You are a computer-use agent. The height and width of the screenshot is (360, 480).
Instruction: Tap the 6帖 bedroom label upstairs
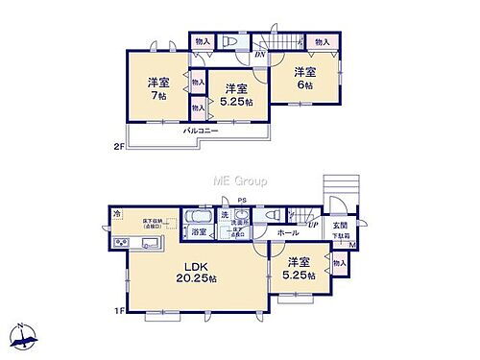[x=305, y=80]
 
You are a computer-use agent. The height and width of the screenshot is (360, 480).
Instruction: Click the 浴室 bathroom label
[x=199, y=232]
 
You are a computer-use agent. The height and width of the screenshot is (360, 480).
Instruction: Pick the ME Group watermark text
[x=239, y=180]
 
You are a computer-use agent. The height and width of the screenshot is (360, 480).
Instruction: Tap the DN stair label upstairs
[x=259, y=54]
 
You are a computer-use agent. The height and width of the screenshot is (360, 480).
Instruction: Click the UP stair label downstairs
[x=314, y=225]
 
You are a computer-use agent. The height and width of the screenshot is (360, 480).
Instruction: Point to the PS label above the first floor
[x=243, y=202]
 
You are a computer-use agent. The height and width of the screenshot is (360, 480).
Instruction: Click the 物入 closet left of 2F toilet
[x=201, y=41]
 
